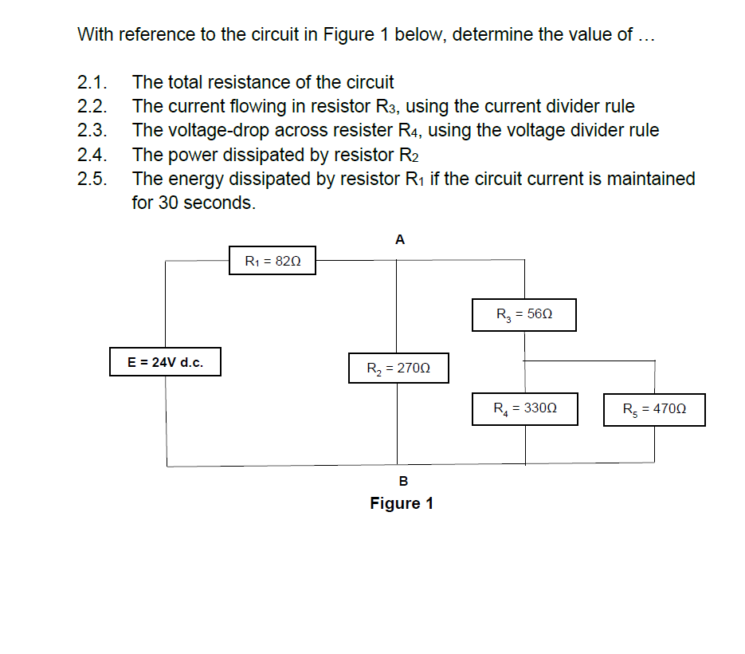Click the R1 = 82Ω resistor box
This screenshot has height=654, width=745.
pyautogui.click(x=272, y=261)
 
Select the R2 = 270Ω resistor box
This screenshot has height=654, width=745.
pyautogui.click(x=398, y=368)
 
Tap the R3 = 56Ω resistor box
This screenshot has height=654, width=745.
pyautogui.click(x=523, y=315)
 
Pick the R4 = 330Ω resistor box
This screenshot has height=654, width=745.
pyautogui.click(x=524, y=409)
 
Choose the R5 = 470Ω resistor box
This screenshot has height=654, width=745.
pyautogui.click(x=654, y=410)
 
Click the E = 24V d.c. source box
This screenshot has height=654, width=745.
pyautogui.click(x=166, y=362)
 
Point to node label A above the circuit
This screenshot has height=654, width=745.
pyautogui.click(x=400, y=239)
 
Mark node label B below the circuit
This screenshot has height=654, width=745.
pyautogui.click(x=402, y=481)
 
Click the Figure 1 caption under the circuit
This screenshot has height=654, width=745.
pyautogui.click(x=402, y=503)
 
